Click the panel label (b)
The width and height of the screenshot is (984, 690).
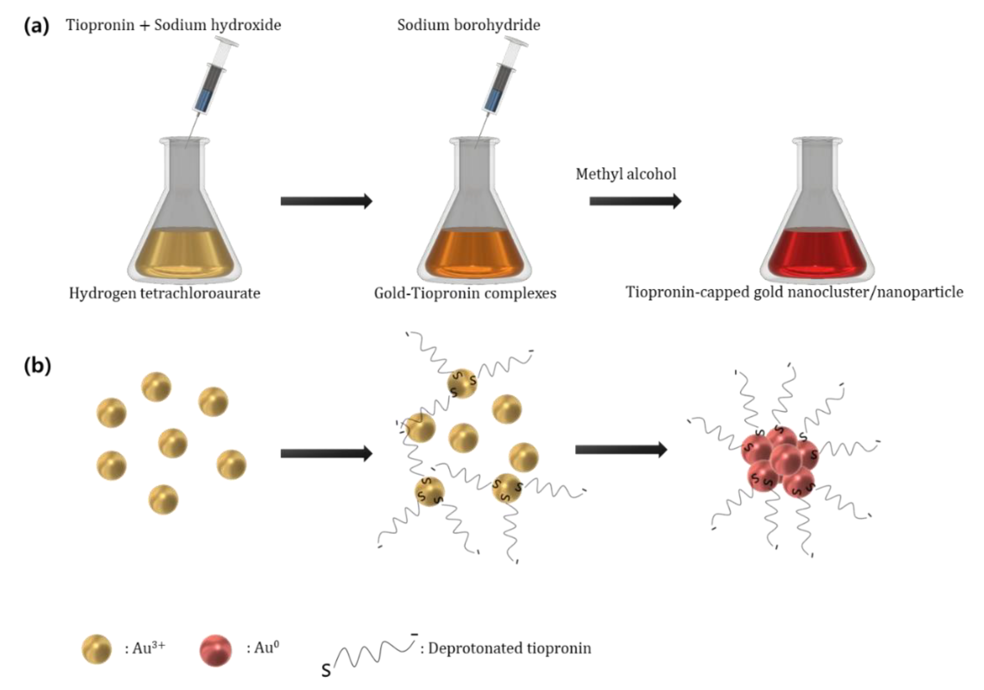37,366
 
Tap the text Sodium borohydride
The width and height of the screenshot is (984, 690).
468,25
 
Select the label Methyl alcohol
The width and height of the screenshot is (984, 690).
626,174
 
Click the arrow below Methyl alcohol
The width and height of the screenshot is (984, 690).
635,201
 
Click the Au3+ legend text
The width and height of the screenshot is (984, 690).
144,648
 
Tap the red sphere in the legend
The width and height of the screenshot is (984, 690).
216,650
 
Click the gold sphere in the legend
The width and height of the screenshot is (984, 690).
96,649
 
